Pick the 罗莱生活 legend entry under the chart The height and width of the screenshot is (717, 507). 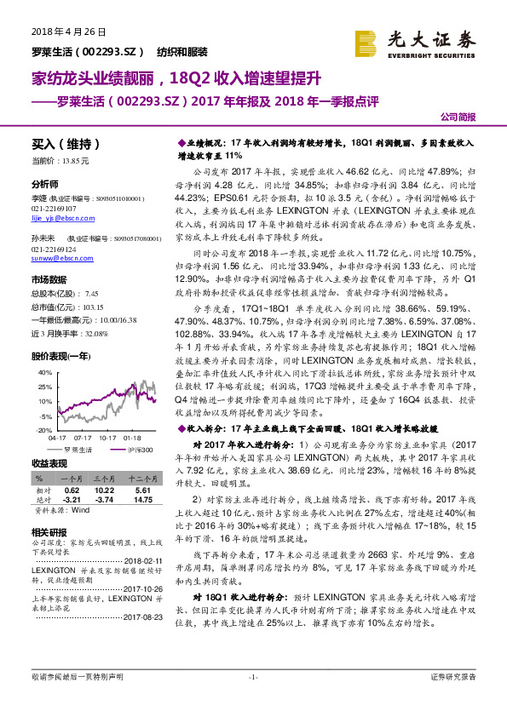pos(78,448)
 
